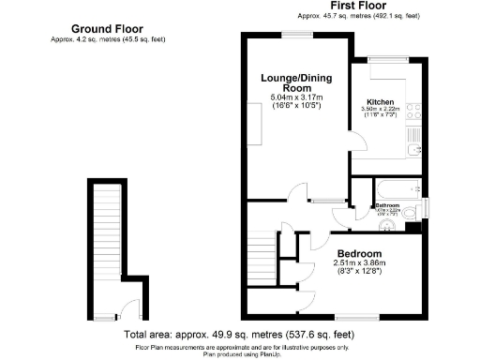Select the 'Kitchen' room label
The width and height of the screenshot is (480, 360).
pyautogui.click(x=380, y=101)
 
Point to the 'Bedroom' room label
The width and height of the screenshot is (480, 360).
pyautogui.click(x=360, y=254)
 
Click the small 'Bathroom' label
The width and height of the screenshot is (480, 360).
pyautogui.click(x=388, y=205)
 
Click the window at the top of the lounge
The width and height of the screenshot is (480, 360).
pyautogui.click(x=297, y=35)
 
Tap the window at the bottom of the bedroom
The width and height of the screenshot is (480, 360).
pyautogui.click(x=357, y=317)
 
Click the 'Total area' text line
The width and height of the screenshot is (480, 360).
pyautogui.click(x=239, y=334)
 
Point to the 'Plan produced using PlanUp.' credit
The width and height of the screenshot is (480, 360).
pyautogui.click(x=240, y=353)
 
